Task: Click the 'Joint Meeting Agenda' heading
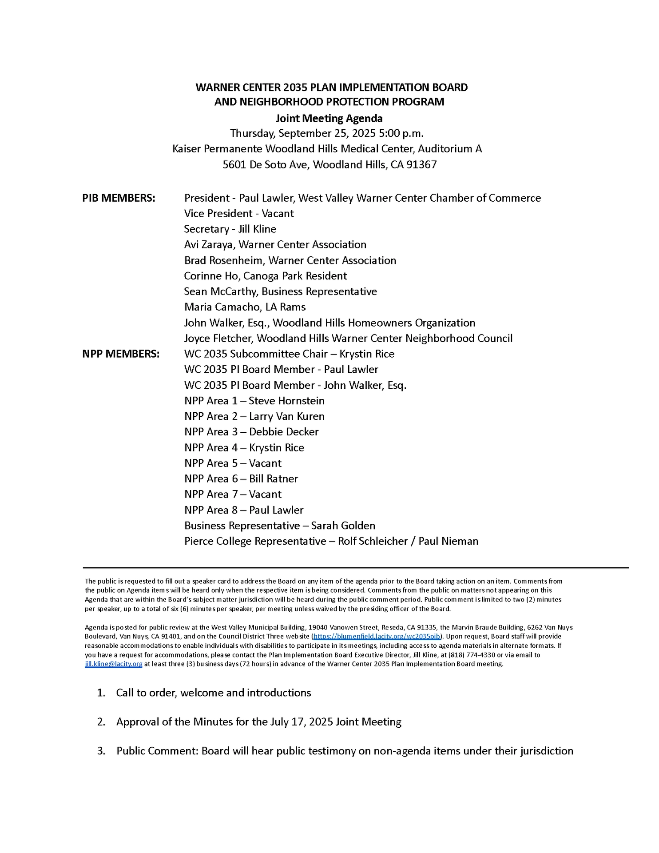tap(329, 119)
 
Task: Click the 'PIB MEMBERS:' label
tap(119, 198)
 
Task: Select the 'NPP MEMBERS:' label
tap(121, 354)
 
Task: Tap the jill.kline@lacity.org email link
tap(114, 664)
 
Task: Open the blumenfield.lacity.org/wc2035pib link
tap(377, 636)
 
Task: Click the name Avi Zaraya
tap(208, 245)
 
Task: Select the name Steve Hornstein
tap(286, 401)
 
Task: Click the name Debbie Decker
tap(284, 432)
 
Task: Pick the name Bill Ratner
tap(273, 479)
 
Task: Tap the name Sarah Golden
tap(343, 526)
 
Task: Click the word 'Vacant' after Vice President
tap(278, 214)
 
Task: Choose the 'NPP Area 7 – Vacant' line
tap(233, 494)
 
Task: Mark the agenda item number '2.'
tap(101, 722)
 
